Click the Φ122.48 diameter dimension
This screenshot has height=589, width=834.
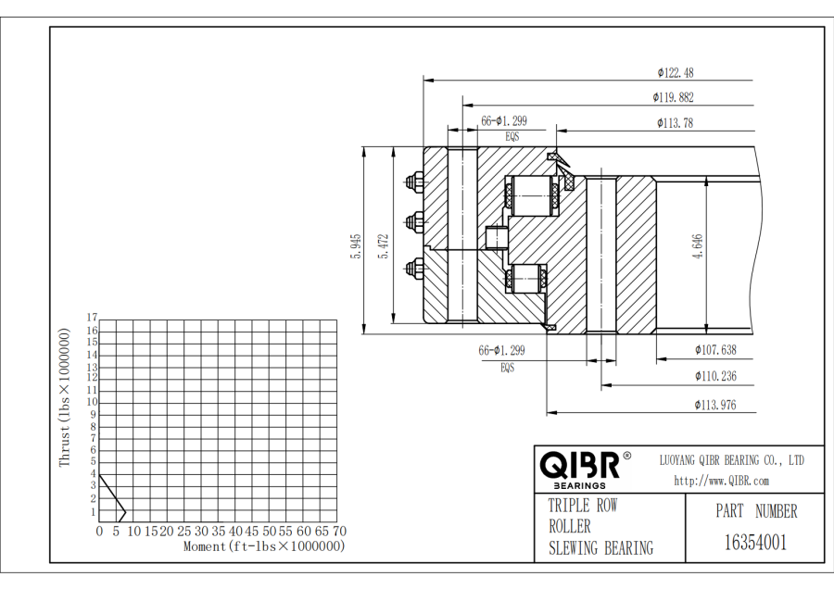click(x=675, y=73)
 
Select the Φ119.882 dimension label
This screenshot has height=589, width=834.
click(x=673, y=97)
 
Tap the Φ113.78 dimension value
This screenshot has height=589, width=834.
click(x=675, y=123)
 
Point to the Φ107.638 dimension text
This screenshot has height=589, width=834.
click(x=715, y=350)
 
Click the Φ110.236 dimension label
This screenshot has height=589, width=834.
click(x=715, y=376)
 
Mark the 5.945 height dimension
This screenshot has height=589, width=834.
click(x=356, y=246)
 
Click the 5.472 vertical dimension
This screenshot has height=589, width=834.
click(x=384, y=246)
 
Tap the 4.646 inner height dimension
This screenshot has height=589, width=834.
click(x=697, y=246)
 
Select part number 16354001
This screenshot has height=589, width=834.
click(x=755, y=543)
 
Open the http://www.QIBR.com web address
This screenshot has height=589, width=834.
click(x=721, y=481)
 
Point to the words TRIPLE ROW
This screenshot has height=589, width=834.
click(x=583, y=505)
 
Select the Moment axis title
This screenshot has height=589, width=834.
click(x=264, y=546)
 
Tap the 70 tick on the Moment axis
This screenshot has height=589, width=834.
click(x=339, y=531)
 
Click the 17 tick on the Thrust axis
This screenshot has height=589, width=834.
click(x=92, y=318)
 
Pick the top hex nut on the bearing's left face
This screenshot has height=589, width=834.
click(x=414, y=182)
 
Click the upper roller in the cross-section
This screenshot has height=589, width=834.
click(x=533, y=196)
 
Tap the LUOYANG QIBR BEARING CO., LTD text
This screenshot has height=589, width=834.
click(x=732, y=460)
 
